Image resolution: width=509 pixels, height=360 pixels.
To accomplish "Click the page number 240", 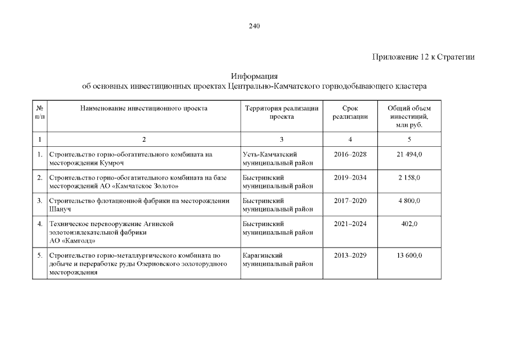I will tap(254, 26).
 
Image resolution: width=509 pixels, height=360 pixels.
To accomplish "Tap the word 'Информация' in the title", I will tap(254, 76).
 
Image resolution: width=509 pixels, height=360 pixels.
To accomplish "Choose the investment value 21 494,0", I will tap(409, 154).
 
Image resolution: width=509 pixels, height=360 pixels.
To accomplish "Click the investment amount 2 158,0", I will tap(409, 178).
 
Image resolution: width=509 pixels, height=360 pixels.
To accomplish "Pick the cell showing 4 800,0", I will tap(409, 201).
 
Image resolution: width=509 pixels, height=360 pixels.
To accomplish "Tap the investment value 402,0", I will tap(409, 224).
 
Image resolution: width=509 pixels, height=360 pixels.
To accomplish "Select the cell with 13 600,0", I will tap(409, 256).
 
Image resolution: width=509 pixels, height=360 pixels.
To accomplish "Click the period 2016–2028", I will tap(350, 154).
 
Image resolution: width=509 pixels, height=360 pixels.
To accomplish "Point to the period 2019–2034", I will tap(350, 178).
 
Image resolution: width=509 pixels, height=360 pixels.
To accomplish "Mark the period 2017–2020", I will tap(350, 201).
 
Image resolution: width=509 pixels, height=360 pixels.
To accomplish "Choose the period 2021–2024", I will tap(350, 224).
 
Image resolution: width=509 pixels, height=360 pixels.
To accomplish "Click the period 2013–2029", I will tap(350, 256).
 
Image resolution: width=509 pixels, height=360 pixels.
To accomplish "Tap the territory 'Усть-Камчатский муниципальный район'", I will tap(277, 159).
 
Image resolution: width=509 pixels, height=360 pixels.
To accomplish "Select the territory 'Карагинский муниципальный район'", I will tap(277, 260).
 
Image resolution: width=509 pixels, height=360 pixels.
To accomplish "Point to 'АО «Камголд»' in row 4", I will tap(73, 241).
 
